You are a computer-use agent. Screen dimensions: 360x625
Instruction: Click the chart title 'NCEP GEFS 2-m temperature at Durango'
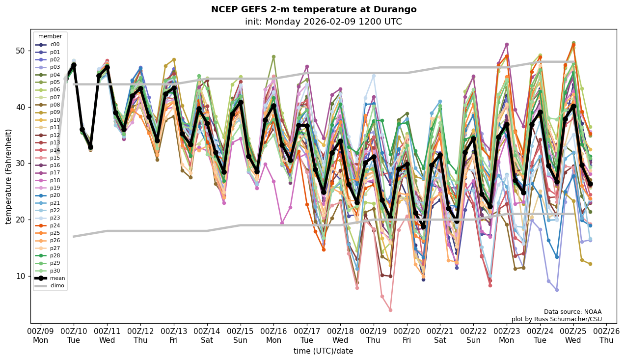(x=313, y=9)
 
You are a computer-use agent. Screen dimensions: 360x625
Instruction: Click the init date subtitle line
(x=323, y=22)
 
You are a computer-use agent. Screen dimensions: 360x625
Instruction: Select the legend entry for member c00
(x=54, y=45)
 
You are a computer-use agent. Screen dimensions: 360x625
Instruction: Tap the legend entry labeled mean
(x=57, y=278)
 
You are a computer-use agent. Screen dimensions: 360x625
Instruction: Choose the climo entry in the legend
(x=57, y=285)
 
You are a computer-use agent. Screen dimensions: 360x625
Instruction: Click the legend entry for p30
(x=54, y=271)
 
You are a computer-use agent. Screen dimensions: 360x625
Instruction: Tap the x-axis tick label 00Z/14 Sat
(x=207, y=335)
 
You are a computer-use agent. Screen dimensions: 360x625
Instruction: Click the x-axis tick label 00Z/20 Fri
(x=407, y=335)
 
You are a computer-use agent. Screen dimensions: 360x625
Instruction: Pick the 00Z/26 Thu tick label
(x=607, y=335)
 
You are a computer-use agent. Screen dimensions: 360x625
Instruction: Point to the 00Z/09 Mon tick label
(x=40, y=335)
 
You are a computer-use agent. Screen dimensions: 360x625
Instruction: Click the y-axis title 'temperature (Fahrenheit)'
(x=9, y=176)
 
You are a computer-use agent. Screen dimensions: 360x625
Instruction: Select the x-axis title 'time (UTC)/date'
(x=323, y=351)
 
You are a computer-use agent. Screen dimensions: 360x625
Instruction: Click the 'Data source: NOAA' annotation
(x=572, y=312)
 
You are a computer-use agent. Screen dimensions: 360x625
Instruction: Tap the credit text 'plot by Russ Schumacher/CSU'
(x=556, y=319)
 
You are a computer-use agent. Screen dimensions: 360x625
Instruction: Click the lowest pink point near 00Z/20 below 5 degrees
(x=390, y=310)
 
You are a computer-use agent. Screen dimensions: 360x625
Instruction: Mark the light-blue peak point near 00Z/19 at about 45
(x=374, y=76)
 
